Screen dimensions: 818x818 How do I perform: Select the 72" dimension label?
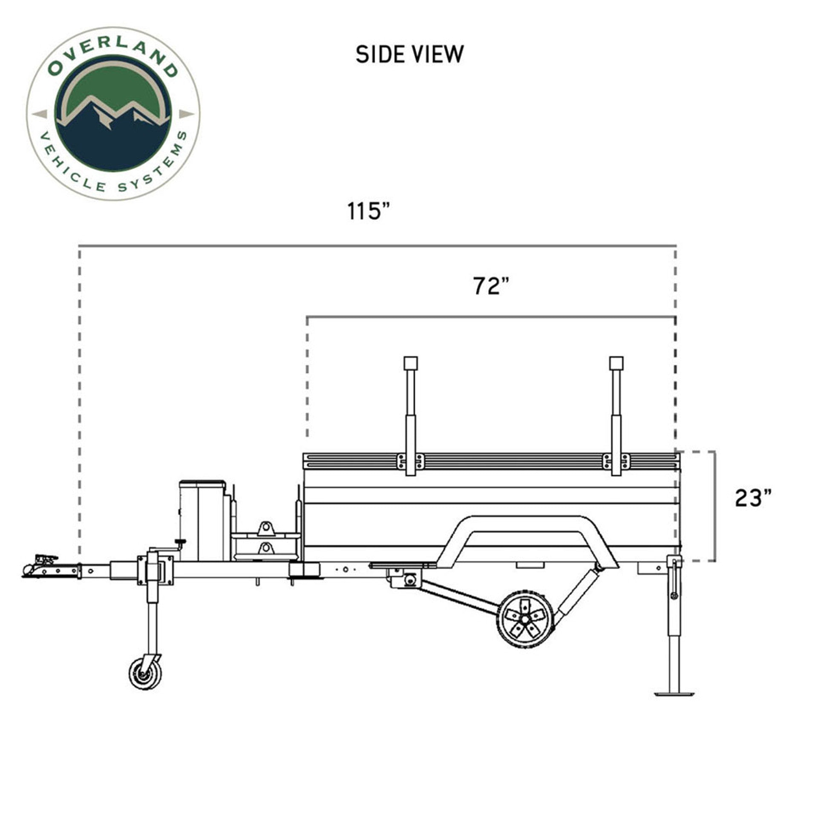491,286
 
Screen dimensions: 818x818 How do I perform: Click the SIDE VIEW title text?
409,55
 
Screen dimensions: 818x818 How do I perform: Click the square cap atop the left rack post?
411,363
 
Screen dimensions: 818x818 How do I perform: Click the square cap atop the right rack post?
616,363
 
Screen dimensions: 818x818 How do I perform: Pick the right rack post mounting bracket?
616,461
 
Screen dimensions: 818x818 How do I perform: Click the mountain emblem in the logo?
113,115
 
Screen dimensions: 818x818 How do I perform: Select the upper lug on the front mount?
265,528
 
